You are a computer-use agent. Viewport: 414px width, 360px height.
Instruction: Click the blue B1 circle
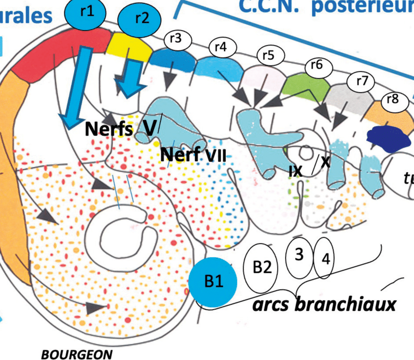[212, 282]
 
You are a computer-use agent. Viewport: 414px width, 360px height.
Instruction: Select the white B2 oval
[262, 268]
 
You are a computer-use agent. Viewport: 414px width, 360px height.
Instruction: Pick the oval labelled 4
[325, 259]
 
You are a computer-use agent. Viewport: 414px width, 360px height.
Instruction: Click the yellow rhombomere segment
[130, 47]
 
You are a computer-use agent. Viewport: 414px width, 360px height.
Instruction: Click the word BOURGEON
[77, 354]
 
